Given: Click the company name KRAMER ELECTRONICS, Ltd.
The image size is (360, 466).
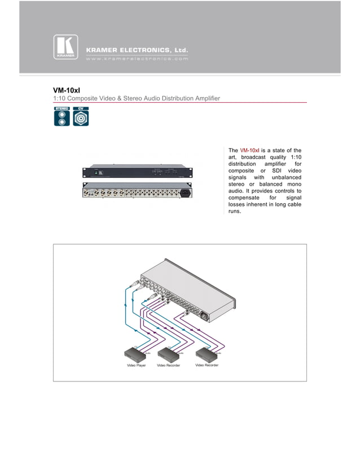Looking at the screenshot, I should (137, 50).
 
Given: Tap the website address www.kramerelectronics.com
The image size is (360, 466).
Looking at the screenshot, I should (137, 58).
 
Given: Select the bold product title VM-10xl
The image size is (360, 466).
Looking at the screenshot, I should (67, 90).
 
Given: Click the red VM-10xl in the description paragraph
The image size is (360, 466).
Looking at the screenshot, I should (249, 150).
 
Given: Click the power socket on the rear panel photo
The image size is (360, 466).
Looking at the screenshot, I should (184, 193).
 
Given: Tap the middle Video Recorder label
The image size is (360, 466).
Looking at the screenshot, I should (168, 365).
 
